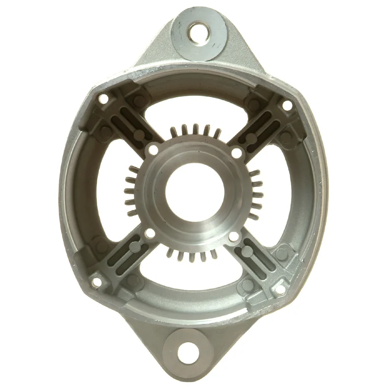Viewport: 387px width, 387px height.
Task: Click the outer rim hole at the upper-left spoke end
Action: click(x=104, y=99)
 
